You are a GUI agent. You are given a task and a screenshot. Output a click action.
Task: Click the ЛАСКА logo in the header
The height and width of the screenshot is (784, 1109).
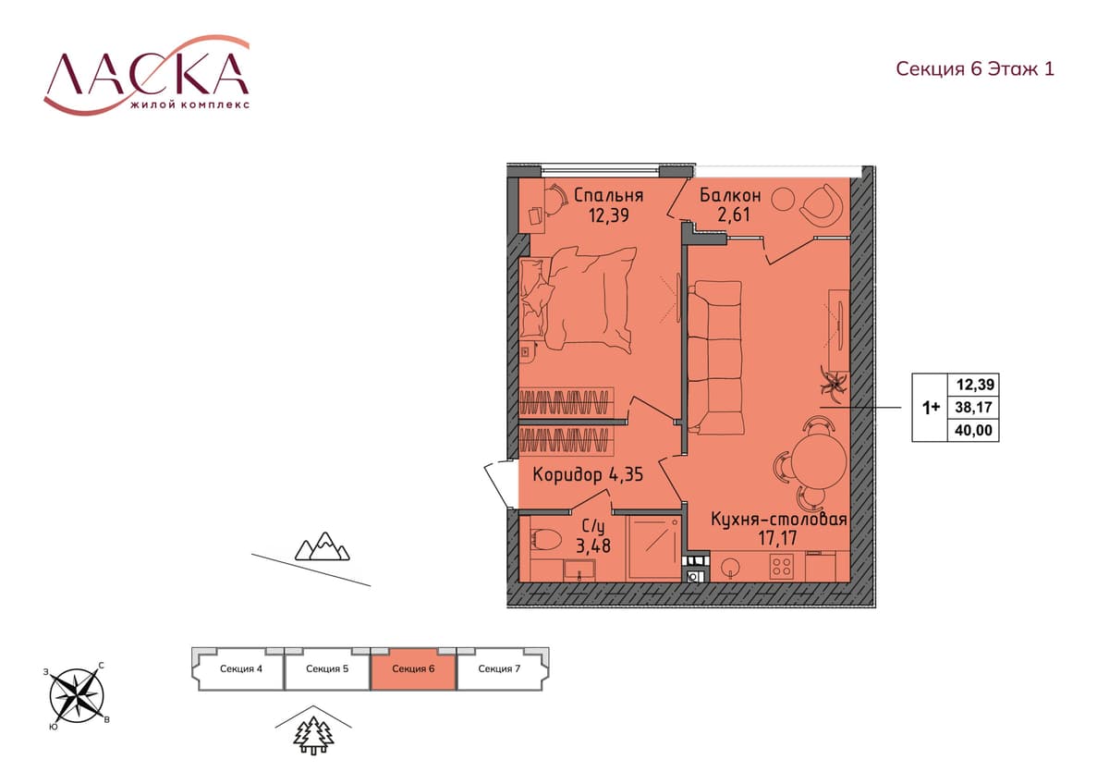point(147,74)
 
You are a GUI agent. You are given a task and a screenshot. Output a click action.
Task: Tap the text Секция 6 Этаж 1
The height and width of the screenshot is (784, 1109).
point(975,68)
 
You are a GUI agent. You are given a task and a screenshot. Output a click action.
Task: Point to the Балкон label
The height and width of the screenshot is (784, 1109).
point(730,195)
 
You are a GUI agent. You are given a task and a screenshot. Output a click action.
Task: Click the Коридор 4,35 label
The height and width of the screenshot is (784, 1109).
point(588,474)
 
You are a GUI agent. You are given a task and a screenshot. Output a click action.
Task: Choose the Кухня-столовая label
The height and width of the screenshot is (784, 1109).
point(779,519)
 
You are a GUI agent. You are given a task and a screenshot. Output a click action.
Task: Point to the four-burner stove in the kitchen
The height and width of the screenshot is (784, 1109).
point(782,566)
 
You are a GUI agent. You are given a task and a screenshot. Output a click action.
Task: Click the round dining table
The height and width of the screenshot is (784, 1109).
point(819,459)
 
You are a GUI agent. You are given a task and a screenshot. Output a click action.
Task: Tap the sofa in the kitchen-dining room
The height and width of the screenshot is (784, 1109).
point(716,358)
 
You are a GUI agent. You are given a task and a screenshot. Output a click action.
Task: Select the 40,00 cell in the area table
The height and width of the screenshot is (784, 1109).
point(973,430)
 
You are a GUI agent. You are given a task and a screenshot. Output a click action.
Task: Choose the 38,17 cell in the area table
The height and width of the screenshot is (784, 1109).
point(973,407)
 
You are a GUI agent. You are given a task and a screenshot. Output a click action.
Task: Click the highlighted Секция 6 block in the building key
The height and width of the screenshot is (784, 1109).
point(413,668)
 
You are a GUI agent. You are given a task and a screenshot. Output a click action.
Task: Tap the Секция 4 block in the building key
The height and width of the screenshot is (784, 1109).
point(240,668)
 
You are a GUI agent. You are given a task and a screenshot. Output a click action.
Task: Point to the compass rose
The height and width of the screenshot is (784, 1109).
point(77,695)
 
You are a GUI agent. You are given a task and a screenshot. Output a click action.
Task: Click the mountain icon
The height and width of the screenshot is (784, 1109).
point(323,546)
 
